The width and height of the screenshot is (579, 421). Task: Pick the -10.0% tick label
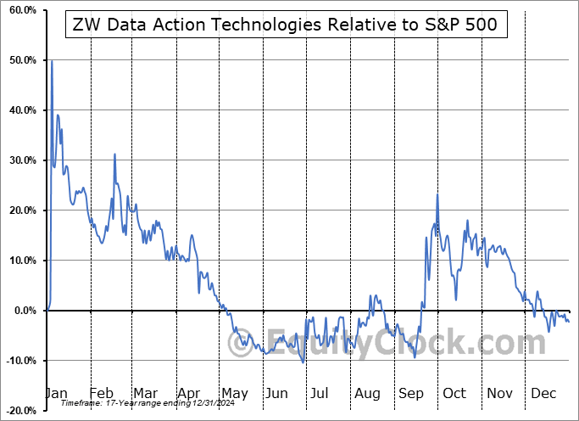[19, 361]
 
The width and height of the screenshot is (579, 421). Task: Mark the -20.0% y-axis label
[19, 411]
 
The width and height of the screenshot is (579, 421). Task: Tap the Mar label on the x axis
[145, 393]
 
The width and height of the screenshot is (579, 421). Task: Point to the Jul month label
[319, 393]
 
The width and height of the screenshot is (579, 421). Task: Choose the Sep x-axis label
[411, 393]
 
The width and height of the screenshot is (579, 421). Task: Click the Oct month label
[454, 393]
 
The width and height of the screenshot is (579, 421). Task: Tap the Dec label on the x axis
[543, 393]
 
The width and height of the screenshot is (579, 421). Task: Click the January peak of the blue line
[52, 61]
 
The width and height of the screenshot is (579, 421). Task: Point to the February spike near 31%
[114, 154]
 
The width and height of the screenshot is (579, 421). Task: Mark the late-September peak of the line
[437, 195]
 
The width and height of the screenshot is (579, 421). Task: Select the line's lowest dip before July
[303, 362]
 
